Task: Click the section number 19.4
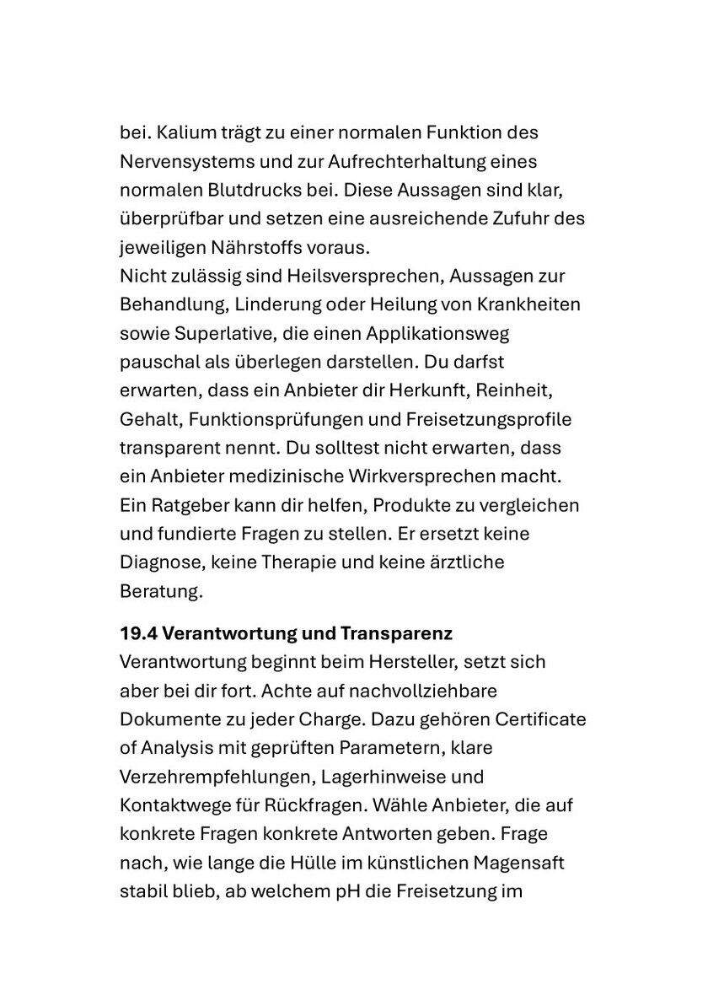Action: point(137,632)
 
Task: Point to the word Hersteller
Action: point(423,662)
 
